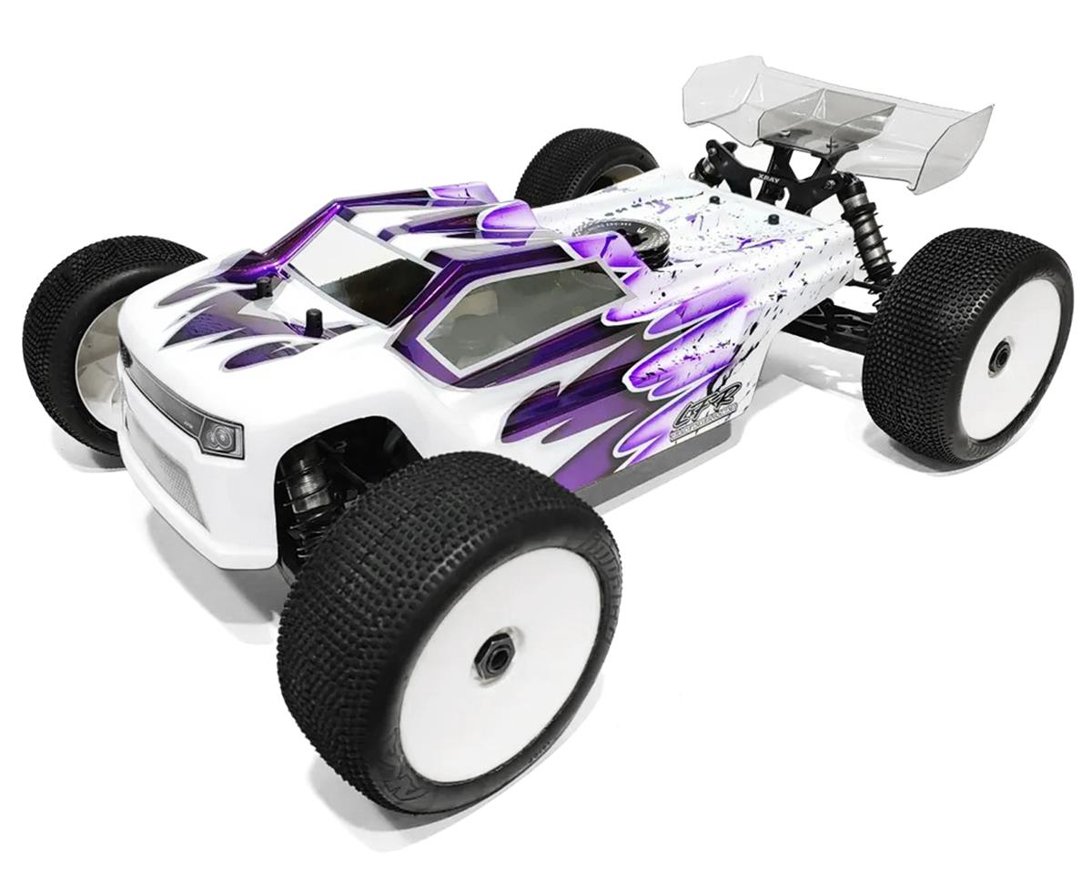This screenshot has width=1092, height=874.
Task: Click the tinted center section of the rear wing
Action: [824, 114]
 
